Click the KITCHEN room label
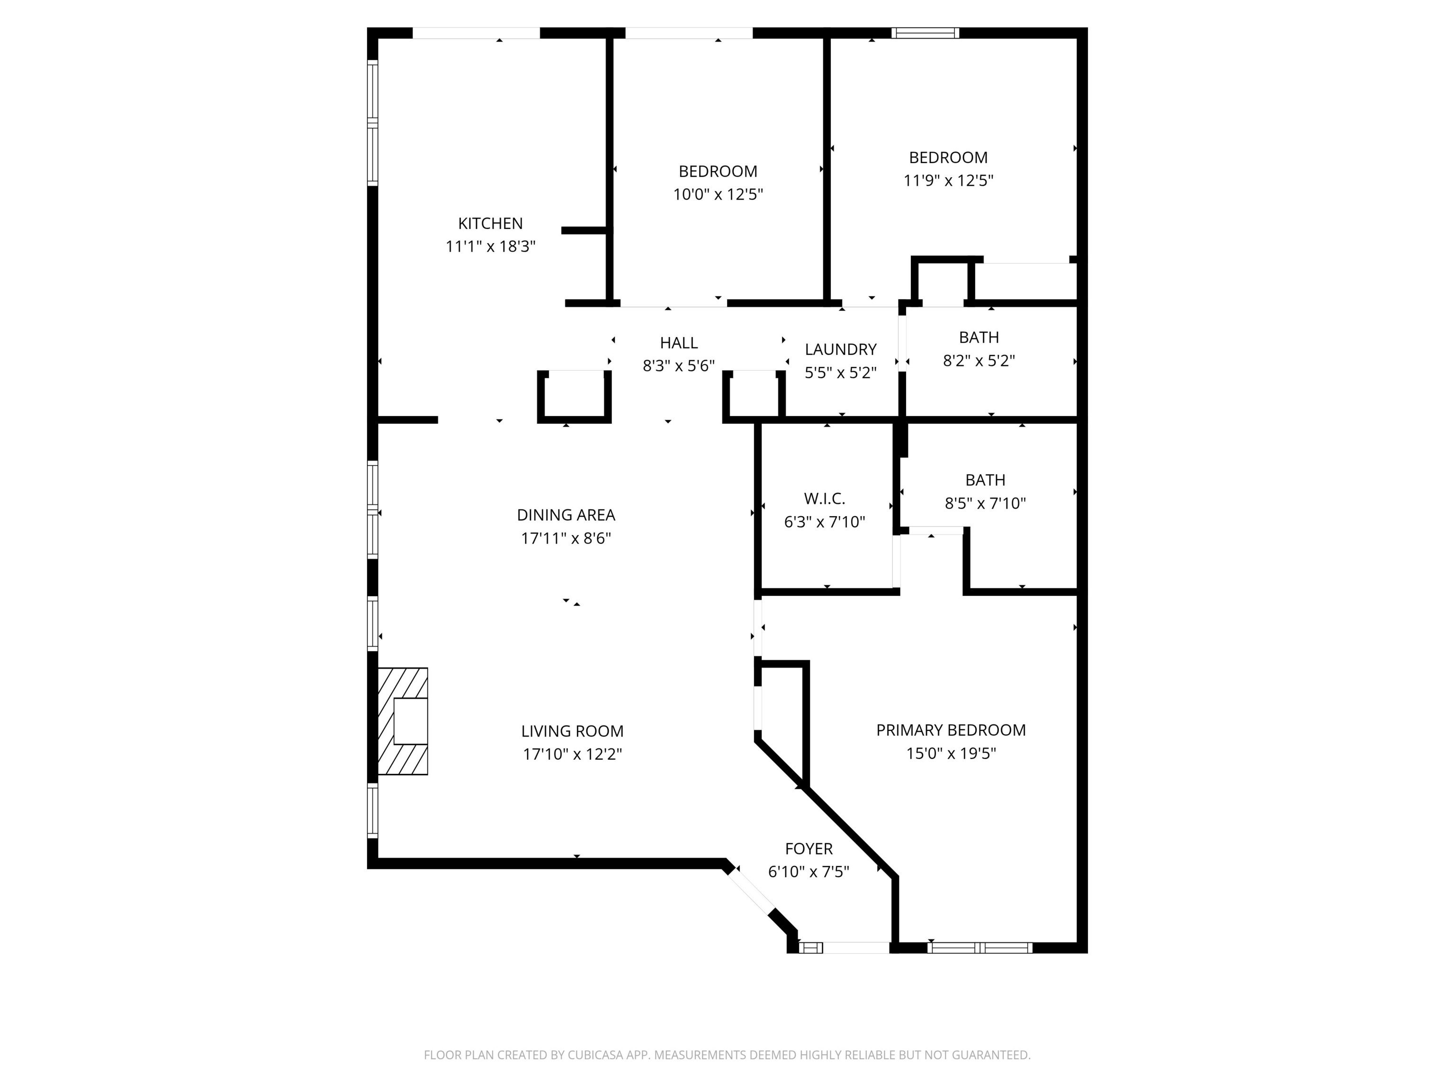pos(490,223)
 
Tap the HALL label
pos(678,343)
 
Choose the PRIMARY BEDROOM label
pos(951,730)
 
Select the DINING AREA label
pos(566,515)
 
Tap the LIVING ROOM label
pos(572,731)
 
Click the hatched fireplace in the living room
pos(403,721)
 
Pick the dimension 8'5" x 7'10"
pos(985,503)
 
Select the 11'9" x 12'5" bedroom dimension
pos(948,181)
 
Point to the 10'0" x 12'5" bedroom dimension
pos(718,194)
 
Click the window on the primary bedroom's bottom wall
pos(979,948)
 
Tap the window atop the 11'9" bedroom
pos(925,33)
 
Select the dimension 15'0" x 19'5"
pos(951,754)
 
